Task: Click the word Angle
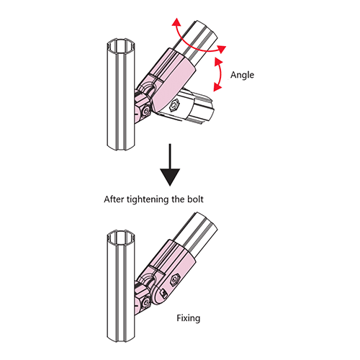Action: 242,76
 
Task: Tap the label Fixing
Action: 189,318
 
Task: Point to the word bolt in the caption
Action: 195,199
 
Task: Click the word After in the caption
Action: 114,199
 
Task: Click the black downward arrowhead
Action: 170,177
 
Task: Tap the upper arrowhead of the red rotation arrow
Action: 176,22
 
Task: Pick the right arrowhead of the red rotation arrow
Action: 221,49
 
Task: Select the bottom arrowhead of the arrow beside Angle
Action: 217,87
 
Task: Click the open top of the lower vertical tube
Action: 121,237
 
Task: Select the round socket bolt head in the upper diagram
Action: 145,112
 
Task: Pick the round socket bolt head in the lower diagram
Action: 145,303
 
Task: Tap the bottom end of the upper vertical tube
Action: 121,147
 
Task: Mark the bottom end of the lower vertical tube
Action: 121,339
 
